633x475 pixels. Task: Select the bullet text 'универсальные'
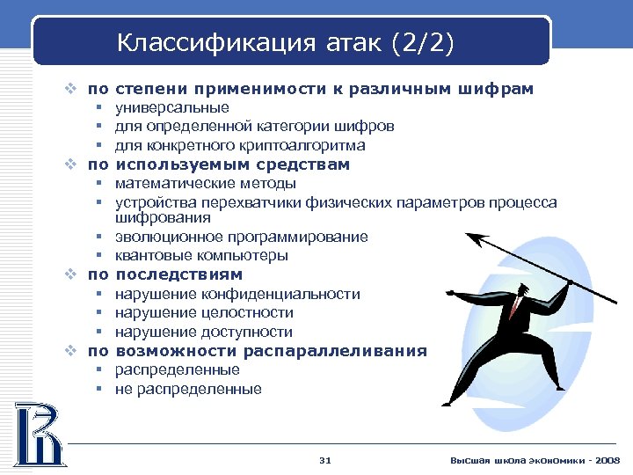click(172, 107)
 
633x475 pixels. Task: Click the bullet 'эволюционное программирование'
click(242, 237)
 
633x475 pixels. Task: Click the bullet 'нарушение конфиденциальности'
click(237, 294)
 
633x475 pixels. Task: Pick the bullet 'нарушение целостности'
click(204, 312)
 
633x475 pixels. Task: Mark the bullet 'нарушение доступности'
click(204, 332)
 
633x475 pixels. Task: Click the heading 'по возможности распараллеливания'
click(257, 351)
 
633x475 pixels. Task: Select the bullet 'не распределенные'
click(188, 389)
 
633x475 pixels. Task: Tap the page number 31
click(325, 461)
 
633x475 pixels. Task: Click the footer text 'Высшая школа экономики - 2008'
click(535, 461)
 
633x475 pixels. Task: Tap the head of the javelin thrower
click(522, 291)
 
